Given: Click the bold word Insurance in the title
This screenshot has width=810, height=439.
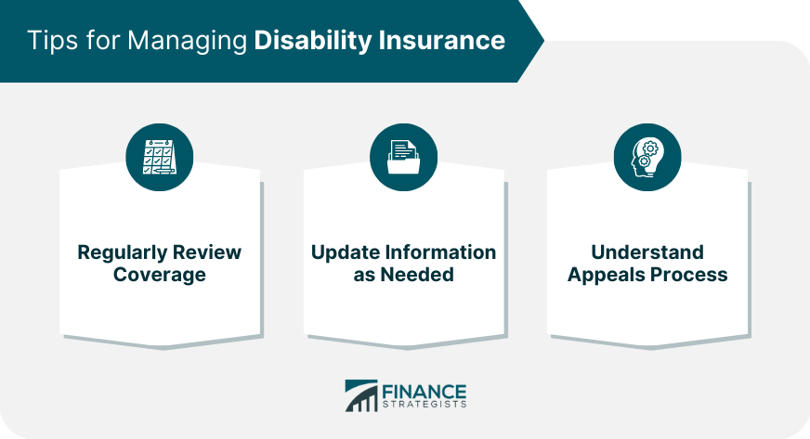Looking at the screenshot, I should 446,41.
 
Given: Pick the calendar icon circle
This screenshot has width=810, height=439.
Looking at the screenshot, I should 160,158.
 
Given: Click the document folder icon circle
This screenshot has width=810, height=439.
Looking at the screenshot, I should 403,158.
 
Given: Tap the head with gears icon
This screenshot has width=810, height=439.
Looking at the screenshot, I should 647,158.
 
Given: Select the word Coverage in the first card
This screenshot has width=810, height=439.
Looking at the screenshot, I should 160,276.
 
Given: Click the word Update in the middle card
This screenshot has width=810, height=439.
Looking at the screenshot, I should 343,253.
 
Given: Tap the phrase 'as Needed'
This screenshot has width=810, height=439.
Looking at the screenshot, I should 403,276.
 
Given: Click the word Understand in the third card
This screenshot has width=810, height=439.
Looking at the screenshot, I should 647,253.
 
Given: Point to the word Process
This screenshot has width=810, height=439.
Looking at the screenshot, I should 690,276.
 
